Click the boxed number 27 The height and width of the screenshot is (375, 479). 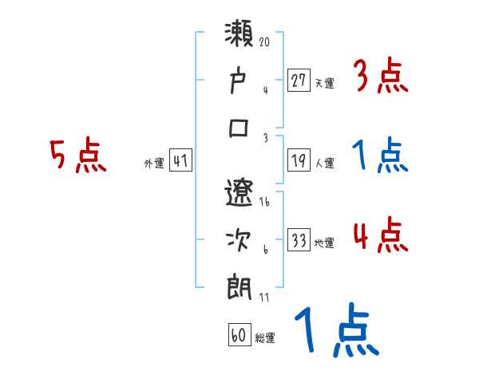[299, 79]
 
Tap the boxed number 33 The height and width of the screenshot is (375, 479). [299, 240]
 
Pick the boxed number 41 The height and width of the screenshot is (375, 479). [180, 161]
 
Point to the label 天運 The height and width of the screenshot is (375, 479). [323, 82]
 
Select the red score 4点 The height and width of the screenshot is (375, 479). [381, 236]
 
